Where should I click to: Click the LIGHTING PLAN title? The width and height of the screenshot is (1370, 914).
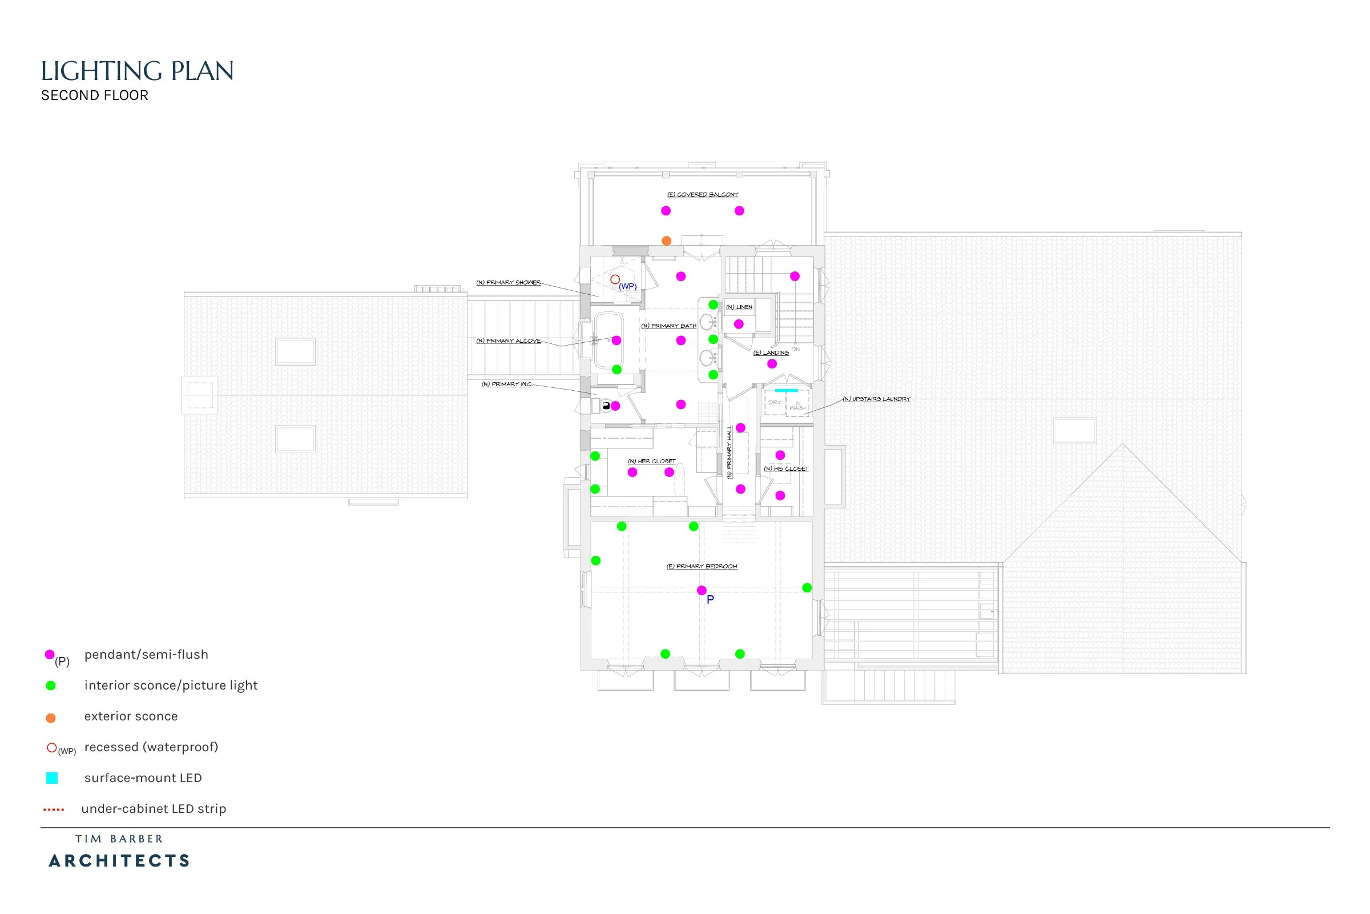pyautogui.click(x=137, y=71)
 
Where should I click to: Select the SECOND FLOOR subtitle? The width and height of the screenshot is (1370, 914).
pyautogui.click(x=94, y=95)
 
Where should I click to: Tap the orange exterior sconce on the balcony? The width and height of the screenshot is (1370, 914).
pyautogui.click(x=666, y=240)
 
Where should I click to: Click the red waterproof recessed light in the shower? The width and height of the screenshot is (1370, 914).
pyautogui.click(x=615, y=280)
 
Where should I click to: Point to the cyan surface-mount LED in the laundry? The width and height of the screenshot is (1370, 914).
pyautogui.click(x=787, y=390)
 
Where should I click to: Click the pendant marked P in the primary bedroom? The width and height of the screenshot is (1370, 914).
pyautogui.click(x=702, y=591)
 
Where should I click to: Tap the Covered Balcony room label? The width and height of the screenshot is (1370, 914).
pyautogui.click(x=703, y=195)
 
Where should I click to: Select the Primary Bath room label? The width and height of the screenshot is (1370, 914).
pyautogui.click(x=668, y=326)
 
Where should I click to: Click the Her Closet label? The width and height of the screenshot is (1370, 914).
pyautogui.click(x=652, y=461)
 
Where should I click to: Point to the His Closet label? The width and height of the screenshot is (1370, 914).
pyautogui.click(x=787, y=468)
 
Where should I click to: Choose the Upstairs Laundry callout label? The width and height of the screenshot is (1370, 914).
pyautogui.click(x=877, y=399)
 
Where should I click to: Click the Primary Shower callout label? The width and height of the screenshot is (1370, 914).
pyautogui.click(x=509, y=283)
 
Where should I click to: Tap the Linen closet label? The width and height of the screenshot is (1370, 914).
pyautogui.click(x=739, y=307)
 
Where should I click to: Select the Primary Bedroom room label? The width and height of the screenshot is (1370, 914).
pyautogui.click(x=702, y=567)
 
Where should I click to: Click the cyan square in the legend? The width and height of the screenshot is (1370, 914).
pyautogui.click(x=52, y=778)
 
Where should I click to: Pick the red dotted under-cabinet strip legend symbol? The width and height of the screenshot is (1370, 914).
pyautogui.click(x=54, y=809)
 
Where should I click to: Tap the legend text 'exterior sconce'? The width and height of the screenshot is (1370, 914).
pyautogui.click(x=131, y=716)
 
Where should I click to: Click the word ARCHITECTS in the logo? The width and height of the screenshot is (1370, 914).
pyautogui.click(x=119, y=861)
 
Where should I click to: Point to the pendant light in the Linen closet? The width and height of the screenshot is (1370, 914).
pyautogui.click(x=739, y=324)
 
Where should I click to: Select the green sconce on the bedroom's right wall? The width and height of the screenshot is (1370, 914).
pyautogui.click(x=807, y=588)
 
